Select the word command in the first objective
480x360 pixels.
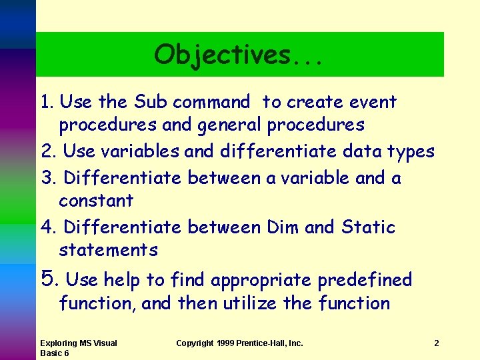tap(211, 102)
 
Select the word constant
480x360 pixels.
tap(96, 201)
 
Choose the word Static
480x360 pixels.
tap(368, 227)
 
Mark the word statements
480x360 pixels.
tap(108, 250)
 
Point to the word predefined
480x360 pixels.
tap(365, 279)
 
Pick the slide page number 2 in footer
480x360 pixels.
tap(436, 343)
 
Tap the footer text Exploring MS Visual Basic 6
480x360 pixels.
tap(78, 348)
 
